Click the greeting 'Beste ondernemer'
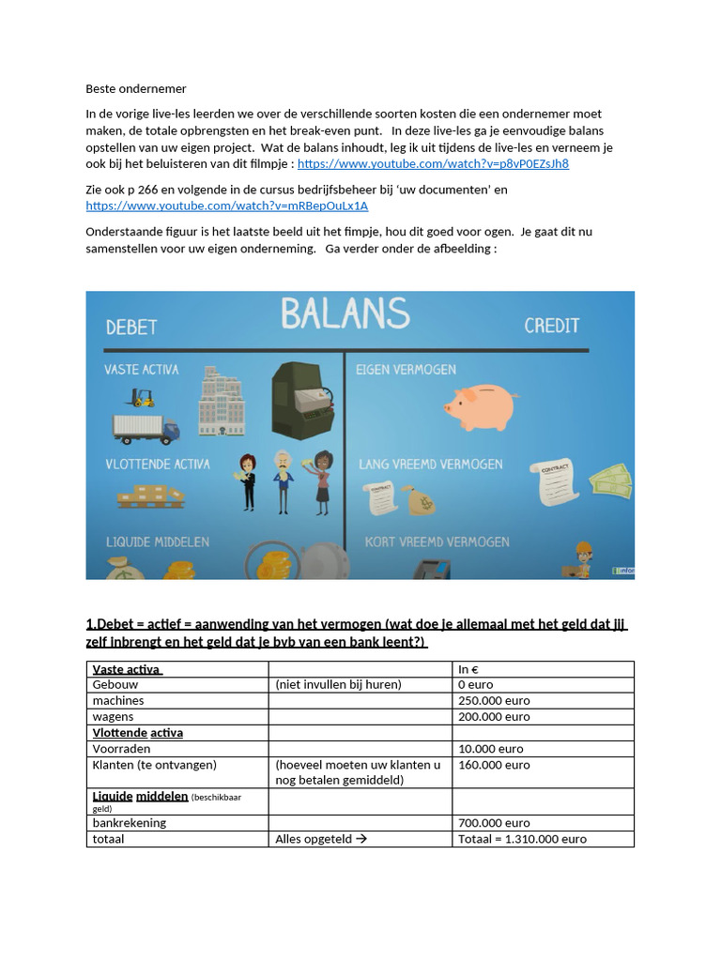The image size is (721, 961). (136, 89)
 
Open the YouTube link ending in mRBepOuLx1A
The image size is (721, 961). (226, 206)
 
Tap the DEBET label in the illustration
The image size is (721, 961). (130, 327)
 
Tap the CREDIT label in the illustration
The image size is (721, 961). (551, 326)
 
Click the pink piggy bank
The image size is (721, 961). (480, 406)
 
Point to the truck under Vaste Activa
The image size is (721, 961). (145, 429)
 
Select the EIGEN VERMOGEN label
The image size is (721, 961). (406, 370)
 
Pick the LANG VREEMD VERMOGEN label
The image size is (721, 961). (430, 465)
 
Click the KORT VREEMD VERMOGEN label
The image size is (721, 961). (433, 542)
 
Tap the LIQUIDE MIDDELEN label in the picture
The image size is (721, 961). (157, 542)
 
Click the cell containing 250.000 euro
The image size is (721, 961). (494, 701)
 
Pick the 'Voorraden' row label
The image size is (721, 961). (121, 749)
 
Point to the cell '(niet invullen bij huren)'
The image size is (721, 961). (338, 685)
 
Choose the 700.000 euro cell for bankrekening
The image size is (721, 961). (494, 823)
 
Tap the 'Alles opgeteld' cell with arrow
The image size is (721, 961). (320, 839)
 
